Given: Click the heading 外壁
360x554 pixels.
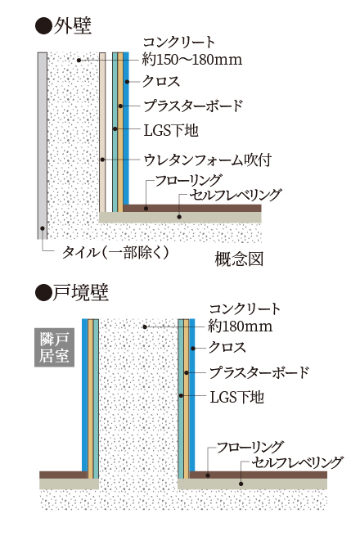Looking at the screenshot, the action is tap(73, 26).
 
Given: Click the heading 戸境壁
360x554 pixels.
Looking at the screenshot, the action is tap(81, 293).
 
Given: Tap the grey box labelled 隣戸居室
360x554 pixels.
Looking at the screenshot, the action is tap(54, 347).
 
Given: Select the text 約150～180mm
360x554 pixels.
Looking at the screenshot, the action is tap(192, 60).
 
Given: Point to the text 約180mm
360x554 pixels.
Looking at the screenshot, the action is tap(241, 326).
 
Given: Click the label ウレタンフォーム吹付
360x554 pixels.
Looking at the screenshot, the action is tap(208, 160).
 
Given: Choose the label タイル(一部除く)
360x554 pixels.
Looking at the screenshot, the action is tap(115, 253).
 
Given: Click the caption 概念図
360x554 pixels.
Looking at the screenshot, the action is tap(240, 259).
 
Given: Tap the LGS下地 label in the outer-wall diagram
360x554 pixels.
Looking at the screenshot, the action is tap(171, 130).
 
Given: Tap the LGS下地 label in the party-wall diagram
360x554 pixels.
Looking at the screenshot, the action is tap(237, 397).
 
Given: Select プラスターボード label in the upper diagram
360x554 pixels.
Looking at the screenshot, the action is tap(193, 106).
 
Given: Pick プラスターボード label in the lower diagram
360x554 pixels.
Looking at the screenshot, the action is tap(259, 372).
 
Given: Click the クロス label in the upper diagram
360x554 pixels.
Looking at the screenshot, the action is tap(161, 81).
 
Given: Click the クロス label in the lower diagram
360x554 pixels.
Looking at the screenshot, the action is tap(227, 348).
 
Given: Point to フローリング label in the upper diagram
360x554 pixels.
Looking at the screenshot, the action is tap(189, 180).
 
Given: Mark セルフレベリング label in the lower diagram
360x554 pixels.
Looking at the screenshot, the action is tap(297, 462).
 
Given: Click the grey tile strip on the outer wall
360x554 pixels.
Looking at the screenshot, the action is tap(43, 146).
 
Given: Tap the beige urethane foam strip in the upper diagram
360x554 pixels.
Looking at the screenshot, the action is tap(102, 132).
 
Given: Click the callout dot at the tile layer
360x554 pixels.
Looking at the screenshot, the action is tap(43, 227).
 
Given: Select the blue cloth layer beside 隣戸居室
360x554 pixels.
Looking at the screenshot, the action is tap(85, 395).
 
